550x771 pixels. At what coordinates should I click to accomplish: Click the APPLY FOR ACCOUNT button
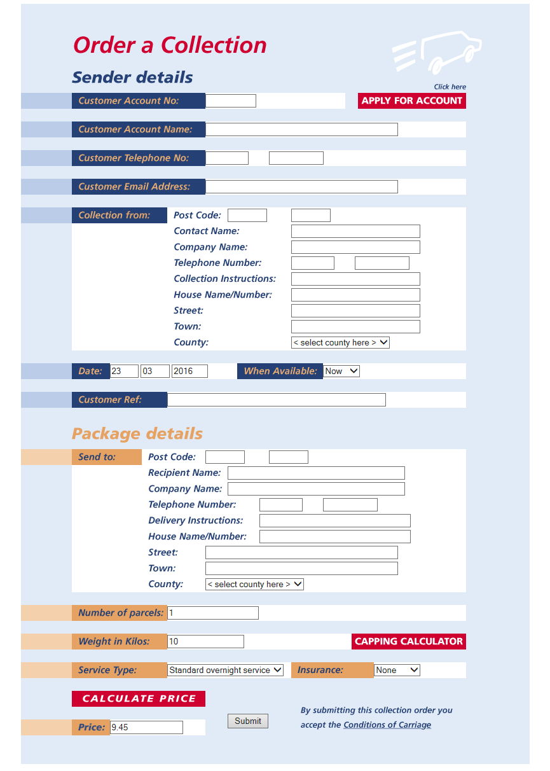tap(411, 101)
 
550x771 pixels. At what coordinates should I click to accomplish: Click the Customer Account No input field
tap(230, 101)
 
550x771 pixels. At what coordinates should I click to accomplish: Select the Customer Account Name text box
tap(301, 129)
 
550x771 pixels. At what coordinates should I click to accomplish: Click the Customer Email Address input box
tap(301, 186)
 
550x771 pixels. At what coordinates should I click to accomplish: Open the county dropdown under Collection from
tap(340, 342)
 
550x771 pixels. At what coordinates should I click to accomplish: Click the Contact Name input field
tap(355, 231)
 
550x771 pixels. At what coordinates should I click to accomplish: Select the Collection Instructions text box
tap(355, 279)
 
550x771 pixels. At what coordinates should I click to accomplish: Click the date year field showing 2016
tap(189, 371)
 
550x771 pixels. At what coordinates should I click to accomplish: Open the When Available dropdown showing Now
tap(341, 371)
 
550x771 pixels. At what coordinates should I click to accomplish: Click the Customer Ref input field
tap(276, 399)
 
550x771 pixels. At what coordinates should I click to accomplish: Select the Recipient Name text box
tap(316, 473)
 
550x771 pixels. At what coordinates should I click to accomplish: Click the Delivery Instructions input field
tap(334, 520)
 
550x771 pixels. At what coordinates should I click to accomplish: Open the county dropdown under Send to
tap(254, 584)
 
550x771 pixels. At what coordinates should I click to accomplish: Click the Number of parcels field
tap(212, 613)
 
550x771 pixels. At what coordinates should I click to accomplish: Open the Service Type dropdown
tap(225, 670)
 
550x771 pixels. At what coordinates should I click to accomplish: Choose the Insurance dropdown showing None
tap(397, 670)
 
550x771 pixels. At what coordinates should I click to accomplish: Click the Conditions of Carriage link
tap(387, 725)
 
